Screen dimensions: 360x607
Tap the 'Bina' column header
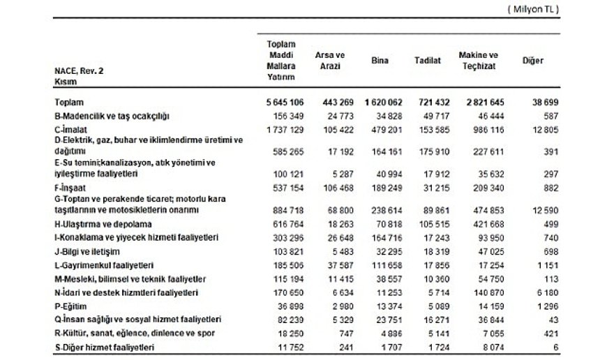coord(378,61)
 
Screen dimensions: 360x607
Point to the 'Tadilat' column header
coord(427,61)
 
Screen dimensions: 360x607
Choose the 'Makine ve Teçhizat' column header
coord(478,60)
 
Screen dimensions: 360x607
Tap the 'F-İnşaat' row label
coord(72,188)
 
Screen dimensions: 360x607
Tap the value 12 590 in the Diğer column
coord(539,209)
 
